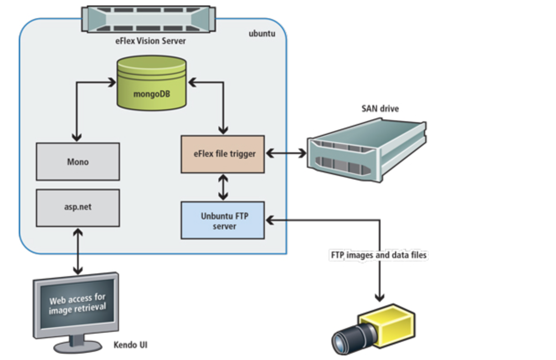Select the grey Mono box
(78, 161)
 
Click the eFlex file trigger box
(223, 154)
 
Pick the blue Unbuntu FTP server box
(223, 220)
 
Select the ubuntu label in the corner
(262, 34)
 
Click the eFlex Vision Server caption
(151, 41)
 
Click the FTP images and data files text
(378, 255)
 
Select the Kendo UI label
(130, 345)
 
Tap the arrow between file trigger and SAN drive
(286, 154)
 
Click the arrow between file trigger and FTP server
(223, 187)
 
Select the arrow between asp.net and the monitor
(78, 251)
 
